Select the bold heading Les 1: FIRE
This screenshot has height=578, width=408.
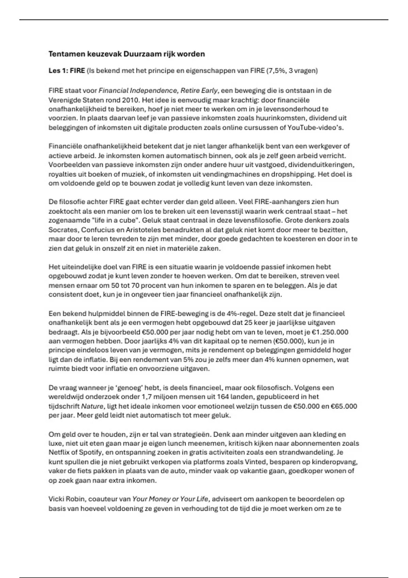[x=67, y=71]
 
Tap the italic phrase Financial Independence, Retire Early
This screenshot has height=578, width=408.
[x=158, y=90]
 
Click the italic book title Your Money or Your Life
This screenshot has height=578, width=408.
[x=170, y=499]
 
